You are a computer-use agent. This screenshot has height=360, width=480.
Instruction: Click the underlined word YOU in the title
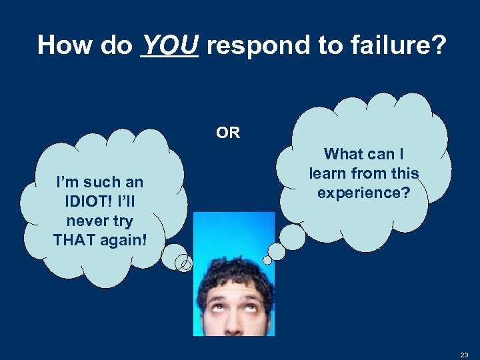(170, 45)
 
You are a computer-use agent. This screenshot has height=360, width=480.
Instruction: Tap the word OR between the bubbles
(228, 133)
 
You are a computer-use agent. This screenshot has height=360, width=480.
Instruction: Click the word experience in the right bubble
(363, 193)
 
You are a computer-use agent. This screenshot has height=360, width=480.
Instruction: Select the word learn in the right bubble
(327, 174)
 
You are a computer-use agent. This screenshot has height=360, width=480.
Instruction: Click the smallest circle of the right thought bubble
(268, 259)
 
